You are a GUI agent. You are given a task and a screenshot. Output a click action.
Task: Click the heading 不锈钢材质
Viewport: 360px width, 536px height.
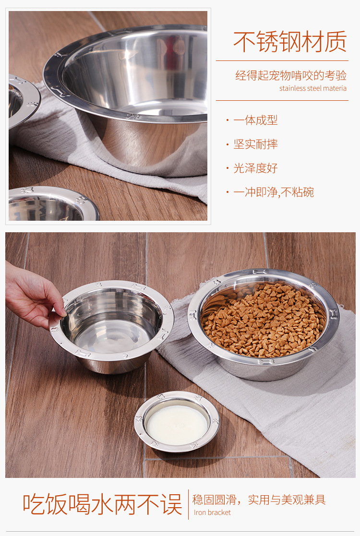[x=290, y=41]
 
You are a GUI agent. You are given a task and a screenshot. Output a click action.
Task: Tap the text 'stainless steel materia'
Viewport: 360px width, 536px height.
[x=313, y=88]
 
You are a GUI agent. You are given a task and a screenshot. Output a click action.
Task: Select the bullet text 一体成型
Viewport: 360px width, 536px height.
[x=255, y=120]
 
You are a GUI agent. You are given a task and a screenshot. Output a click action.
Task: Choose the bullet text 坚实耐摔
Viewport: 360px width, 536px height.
[x=255, y=144]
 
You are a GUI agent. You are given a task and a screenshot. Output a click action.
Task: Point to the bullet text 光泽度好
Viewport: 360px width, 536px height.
[x=255, y=168]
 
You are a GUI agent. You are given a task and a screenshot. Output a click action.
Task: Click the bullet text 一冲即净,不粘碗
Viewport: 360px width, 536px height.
[x=274, y=192]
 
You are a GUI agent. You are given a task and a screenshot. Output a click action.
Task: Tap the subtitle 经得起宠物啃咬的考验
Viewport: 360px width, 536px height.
[x=291, y=75]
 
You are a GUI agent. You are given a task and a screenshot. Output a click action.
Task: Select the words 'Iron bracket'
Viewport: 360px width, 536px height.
[x=212, y=512]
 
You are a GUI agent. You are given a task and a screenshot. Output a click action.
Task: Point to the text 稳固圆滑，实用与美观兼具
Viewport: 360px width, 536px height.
[x=259, y=500]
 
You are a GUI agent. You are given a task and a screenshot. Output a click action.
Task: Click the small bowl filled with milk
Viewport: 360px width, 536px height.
[x=177, y=421]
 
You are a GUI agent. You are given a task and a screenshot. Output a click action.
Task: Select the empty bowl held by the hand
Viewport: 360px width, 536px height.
[x=112, y=326]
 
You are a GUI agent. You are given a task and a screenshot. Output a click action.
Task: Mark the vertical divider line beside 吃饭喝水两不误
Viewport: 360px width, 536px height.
[x=188, y=504]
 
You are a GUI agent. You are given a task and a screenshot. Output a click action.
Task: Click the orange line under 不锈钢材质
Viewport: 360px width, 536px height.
[x=282, y=61]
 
